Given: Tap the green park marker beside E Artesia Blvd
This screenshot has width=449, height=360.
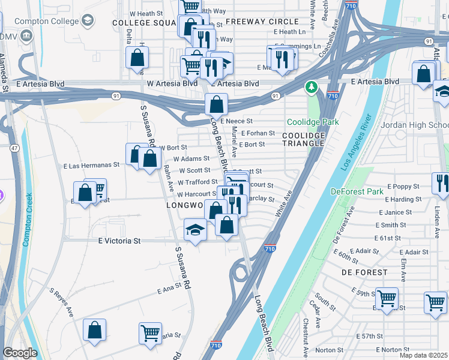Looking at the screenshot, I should point(311,88).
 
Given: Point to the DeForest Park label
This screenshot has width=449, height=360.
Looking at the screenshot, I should point(357,192).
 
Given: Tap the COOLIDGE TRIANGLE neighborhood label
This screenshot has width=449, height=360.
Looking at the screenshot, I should point(304,139).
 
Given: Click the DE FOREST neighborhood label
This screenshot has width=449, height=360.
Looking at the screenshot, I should point(364,272).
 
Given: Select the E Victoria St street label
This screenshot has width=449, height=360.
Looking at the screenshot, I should point(119,241).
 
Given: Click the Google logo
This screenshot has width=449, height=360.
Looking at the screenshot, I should point(20,353).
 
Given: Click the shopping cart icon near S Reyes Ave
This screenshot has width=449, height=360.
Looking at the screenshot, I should point(150,333).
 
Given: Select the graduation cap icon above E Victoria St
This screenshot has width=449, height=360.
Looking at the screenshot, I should point(195,230).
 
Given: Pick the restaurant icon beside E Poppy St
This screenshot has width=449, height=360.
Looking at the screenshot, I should point(441,183).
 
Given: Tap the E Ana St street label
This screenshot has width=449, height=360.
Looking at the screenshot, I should point(169,290).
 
